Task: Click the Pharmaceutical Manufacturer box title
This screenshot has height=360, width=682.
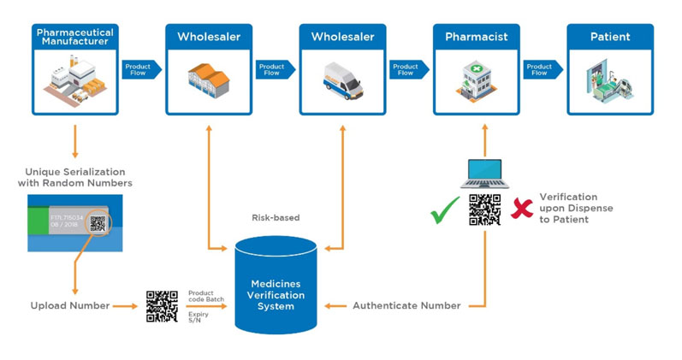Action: tap(74, 38)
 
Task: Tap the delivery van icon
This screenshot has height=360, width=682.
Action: tap(342, 80)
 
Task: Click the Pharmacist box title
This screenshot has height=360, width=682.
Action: tap(476, 37)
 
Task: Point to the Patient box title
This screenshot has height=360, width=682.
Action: tap(610, 37)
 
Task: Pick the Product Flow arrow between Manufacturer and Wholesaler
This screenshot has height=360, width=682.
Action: tap(139, 69)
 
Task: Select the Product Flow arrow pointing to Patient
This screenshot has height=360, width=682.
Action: tap(541, 69)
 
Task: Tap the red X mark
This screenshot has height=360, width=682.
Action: tap(522, 208)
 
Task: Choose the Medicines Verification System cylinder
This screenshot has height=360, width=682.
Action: tap(276, 285)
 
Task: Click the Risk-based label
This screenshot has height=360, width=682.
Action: tap(276, 218)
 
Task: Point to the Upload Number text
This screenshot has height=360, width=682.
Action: tap(70, 305)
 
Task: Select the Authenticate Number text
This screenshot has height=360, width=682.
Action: tap(406, 305)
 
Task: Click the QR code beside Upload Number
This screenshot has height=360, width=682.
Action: tap(162, 306)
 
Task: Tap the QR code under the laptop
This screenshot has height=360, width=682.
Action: tap(484, 210)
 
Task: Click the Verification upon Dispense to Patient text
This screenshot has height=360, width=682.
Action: tap(576, 208)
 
